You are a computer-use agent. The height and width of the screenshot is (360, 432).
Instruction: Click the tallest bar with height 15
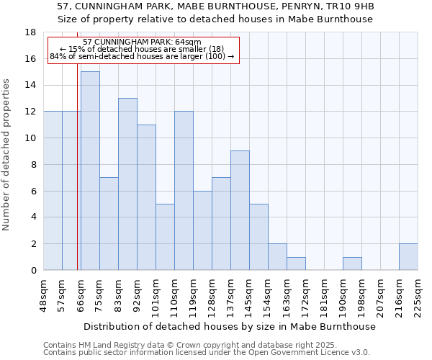[x=90, y=171]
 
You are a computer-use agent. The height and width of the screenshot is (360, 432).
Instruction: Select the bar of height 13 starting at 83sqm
[x=127, y=184]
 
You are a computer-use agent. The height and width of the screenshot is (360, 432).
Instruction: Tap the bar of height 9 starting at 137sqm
[x=240, y=210]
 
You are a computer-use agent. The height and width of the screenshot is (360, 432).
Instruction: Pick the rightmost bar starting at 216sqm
[x=408, y=257]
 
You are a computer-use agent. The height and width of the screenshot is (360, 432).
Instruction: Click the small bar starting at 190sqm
[x=352, y=264]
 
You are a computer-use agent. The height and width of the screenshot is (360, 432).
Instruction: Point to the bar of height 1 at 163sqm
[x=296, y=264]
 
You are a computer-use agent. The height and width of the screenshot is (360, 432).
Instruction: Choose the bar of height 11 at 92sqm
[x=146, y=197]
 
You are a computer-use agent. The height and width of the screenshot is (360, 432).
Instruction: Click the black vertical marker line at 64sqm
[x=77, y=180]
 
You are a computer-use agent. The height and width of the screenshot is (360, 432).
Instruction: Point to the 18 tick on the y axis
[x=30, y=32]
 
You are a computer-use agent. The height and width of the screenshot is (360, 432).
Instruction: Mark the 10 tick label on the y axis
[x=30, y=138]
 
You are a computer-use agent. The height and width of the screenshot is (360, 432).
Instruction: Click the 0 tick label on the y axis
[x=32, y=271]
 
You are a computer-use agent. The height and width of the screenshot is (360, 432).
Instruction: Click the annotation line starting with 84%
[x=142, y=56]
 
